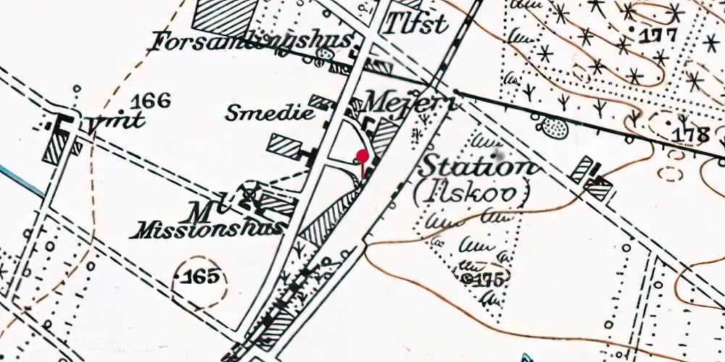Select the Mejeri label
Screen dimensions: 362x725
tap(410, 103)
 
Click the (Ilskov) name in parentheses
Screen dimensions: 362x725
tap(473, 193)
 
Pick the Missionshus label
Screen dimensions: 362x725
tap(206, 229)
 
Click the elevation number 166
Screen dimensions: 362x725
tap(152, 101)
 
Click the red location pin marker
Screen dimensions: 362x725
tap(362, 156)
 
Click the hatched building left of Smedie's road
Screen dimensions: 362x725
tap(285, 145)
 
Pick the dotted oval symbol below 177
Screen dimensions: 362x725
tap(555, 128)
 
